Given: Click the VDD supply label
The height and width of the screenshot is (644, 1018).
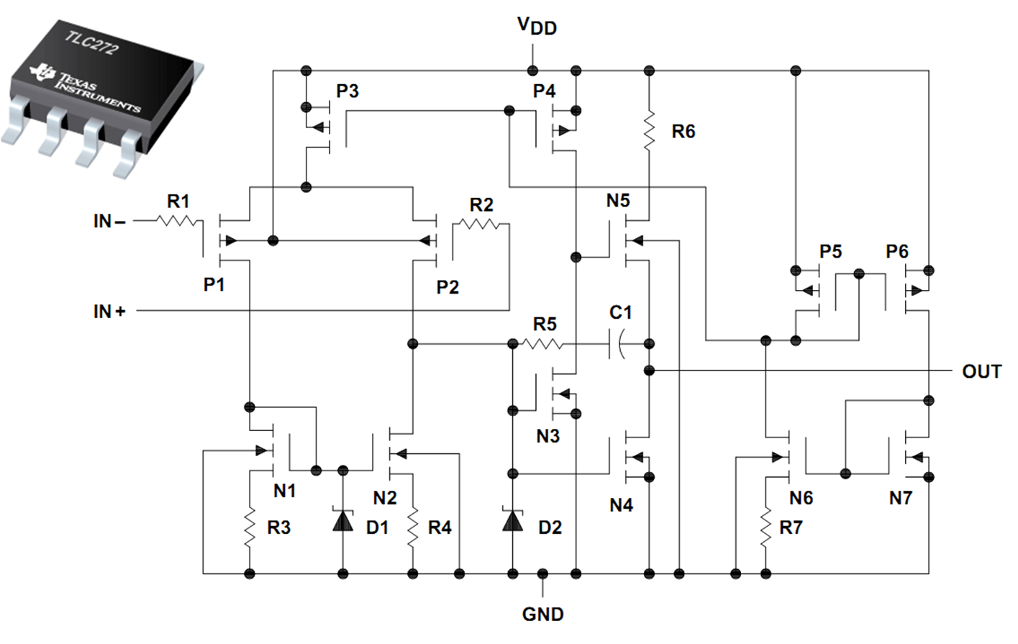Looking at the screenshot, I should (537, 27).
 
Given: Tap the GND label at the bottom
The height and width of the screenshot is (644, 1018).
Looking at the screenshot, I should (542, 614).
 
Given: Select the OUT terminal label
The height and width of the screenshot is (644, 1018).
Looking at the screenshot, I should (981, 371).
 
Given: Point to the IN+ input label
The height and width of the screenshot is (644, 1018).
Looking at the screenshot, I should (109, 312).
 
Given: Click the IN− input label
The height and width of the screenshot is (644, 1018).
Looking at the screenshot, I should (109, 222).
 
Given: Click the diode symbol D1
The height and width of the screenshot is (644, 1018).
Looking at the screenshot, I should (342, 520).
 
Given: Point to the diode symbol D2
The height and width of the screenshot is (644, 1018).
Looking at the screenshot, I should (512, 520).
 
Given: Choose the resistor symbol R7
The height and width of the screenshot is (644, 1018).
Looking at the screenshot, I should (765, 527).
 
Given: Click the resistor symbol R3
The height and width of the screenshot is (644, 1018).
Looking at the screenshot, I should (250, 527).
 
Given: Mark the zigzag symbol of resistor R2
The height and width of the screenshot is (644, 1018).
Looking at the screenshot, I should (481, 225).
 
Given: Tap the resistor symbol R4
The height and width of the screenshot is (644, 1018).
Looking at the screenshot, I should (413, 527).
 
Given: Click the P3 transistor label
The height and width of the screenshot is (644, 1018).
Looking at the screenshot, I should (347, 91).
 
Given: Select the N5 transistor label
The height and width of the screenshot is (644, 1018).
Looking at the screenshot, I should (617, 201).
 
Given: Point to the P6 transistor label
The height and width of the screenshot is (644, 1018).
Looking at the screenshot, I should (897, 252).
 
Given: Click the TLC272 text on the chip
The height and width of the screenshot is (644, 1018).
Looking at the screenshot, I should (91, 43).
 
